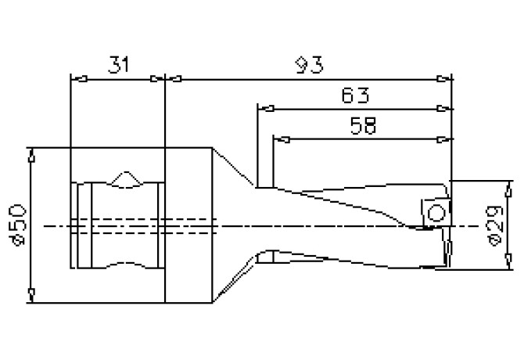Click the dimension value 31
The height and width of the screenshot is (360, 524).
(117, 66)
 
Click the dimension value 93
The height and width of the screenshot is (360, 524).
(310, 65)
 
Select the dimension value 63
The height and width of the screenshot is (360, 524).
(355, 95)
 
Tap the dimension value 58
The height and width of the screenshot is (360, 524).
(361, 127)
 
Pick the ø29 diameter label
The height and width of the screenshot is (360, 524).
(493, 225)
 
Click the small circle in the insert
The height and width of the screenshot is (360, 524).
(438, 212)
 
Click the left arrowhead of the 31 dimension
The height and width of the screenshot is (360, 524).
(77, 78)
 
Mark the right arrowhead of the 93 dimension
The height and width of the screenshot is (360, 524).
(445, 78)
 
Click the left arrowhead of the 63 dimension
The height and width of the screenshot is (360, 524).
(264, 109)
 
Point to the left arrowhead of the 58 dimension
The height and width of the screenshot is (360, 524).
(280, 140)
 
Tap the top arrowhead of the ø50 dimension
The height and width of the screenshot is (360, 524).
(30, 154)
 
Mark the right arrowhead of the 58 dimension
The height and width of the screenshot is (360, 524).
(445, 140)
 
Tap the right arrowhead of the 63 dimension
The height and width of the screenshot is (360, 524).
(445, 109)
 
